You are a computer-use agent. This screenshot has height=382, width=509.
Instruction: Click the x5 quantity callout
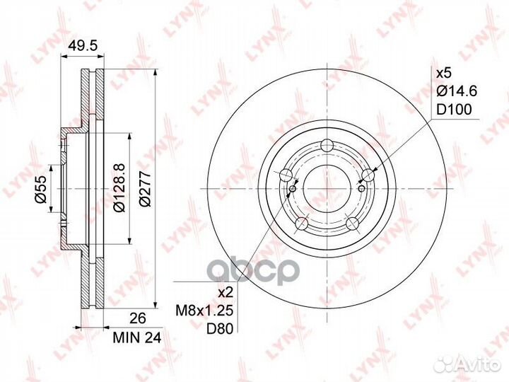coord(443,74)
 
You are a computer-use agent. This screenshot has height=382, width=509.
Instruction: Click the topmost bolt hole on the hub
coord(326,146)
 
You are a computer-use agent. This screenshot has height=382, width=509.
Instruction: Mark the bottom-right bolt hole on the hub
coord(352,225)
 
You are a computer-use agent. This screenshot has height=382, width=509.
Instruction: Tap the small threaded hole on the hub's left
coord(294,189)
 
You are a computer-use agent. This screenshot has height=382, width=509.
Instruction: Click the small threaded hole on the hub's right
coord(360,189)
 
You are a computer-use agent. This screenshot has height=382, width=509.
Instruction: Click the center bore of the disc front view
coord(327,190)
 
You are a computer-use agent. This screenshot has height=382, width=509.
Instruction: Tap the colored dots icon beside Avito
coord(445,364)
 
